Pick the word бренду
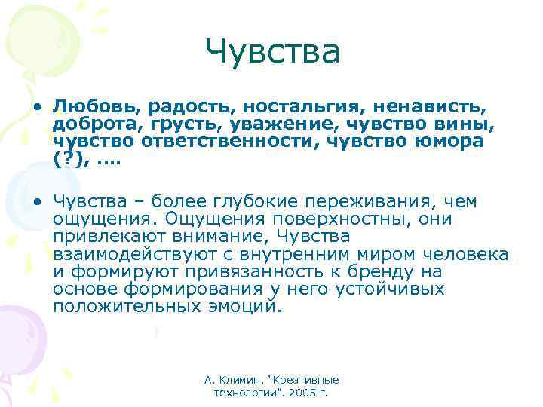point(409,271)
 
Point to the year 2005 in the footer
point(307,393)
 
